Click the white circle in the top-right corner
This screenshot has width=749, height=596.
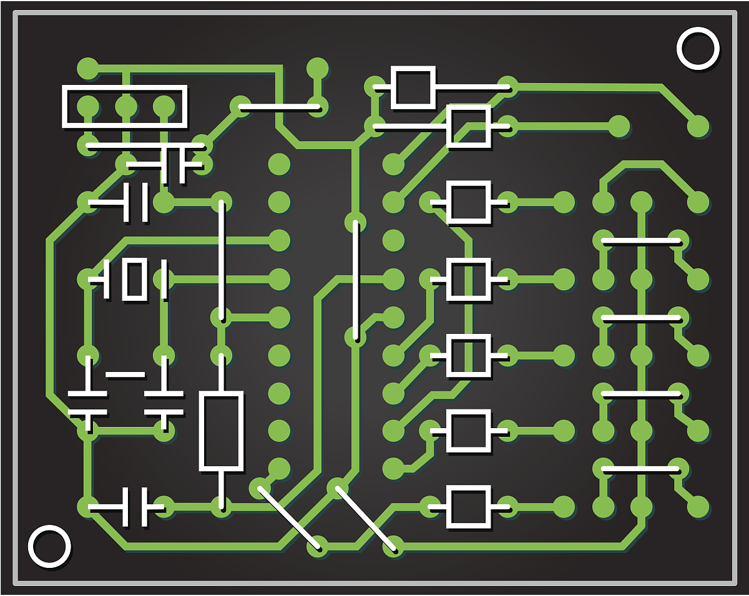[698, 48]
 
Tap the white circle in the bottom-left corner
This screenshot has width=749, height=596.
[49, 546]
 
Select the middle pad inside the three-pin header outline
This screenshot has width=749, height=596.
[125, 107]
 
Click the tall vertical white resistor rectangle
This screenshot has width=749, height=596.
[221, 431]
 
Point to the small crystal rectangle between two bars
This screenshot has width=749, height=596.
[135, 279]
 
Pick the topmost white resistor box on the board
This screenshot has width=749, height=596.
[413, 87]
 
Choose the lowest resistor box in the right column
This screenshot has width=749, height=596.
[469, 507]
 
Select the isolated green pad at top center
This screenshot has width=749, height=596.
[318, 69]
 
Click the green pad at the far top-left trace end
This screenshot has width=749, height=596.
[88, 68]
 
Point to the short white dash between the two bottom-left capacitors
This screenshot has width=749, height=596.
[125, 375]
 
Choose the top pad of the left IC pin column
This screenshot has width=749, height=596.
[279, 164]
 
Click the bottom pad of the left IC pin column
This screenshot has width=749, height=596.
[279, 468]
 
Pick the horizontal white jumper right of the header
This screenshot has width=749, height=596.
[280, 107]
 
